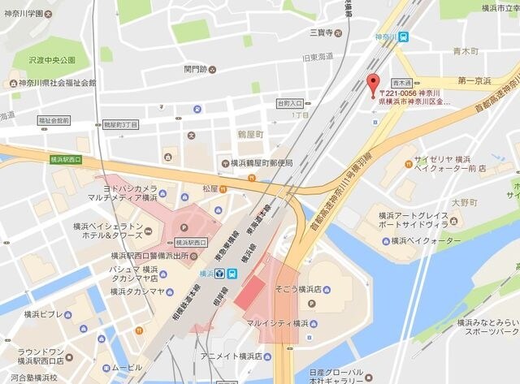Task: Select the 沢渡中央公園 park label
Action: tap(50, 60)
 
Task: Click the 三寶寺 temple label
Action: tap(323, 32)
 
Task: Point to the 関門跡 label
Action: tap(197, 69)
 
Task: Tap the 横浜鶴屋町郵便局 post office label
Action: tap(261, 163)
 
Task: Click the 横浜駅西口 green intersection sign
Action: tap(65, 159)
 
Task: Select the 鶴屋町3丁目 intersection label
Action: tap(120, 125)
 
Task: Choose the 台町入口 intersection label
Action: tap(289, 104)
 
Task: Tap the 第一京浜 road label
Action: tap(476, 80)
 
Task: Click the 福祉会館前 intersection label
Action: tap(54, 120)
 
